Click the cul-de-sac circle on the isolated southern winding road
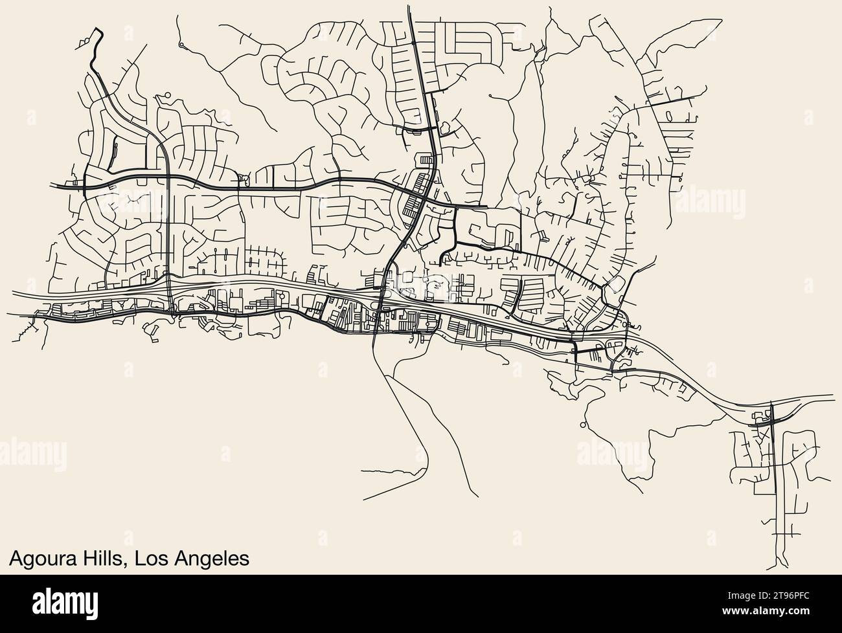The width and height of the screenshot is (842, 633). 582,425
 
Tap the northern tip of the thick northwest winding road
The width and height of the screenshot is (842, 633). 98,28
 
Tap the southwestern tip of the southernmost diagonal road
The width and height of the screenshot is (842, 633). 365,499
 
